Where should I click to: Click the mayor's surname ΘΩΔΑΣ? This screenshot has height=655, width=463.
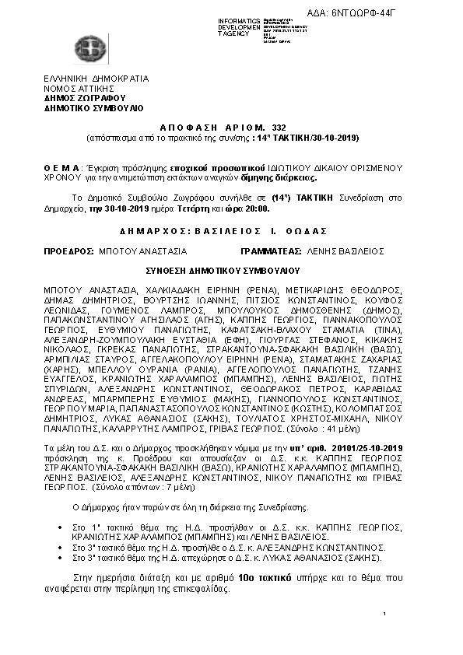click(306, 231)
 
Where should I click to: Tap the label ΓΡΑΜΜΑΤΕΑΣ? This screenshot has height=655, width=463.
click(272, 252)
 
